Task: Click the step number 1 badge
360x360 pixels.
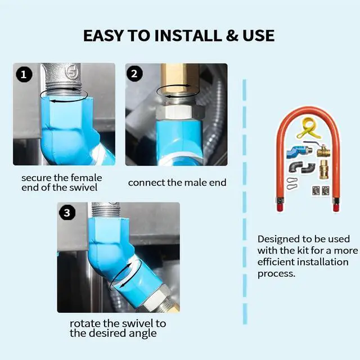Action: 24,74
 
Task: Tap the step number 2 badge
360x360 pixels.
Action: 134,74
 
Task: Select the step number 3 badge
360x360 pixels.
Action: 67,213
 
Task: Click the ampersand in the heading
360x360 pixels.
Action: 232,36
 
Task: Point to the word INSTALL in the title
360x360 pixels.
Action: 188,36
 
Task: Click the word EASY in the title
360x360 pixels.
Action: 103,36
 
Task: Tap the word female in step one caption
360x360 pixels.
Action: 86,178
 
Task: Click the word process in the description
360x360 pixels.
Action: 276,274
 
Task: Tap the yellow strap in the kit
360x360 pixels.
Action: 308,128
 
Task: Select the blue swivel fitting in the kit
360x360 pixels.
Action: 298,151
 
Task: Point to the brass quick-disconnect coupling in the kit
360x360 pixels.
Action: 325,169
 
